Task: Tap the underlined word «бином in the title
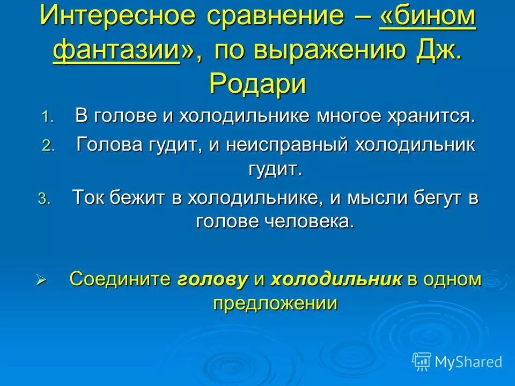tap(427, 18)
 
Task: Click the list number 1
tap(48, 118)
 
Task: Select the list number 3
tap(43, 199)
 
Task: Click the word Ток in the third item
tap(89, 198)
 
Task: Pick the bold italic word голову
tap(212, 279)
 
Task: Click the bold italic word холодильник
tap(336, 279)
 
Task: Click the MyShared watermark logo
tap(457, 362)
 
